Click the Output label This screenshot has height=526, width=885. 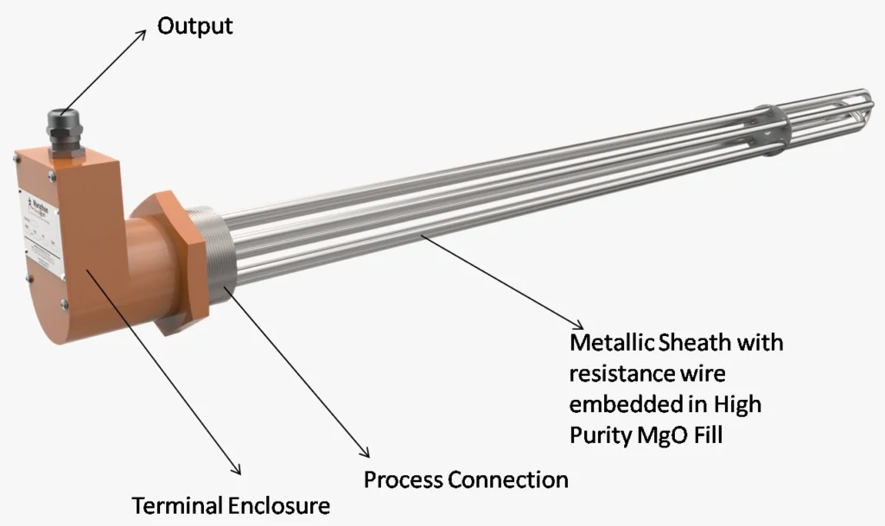(x=194, y=26)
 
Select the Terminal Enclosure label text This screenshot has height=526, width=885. (x=230, y=504)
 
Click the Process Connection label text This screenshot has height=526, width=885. (x=466, y=479)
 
